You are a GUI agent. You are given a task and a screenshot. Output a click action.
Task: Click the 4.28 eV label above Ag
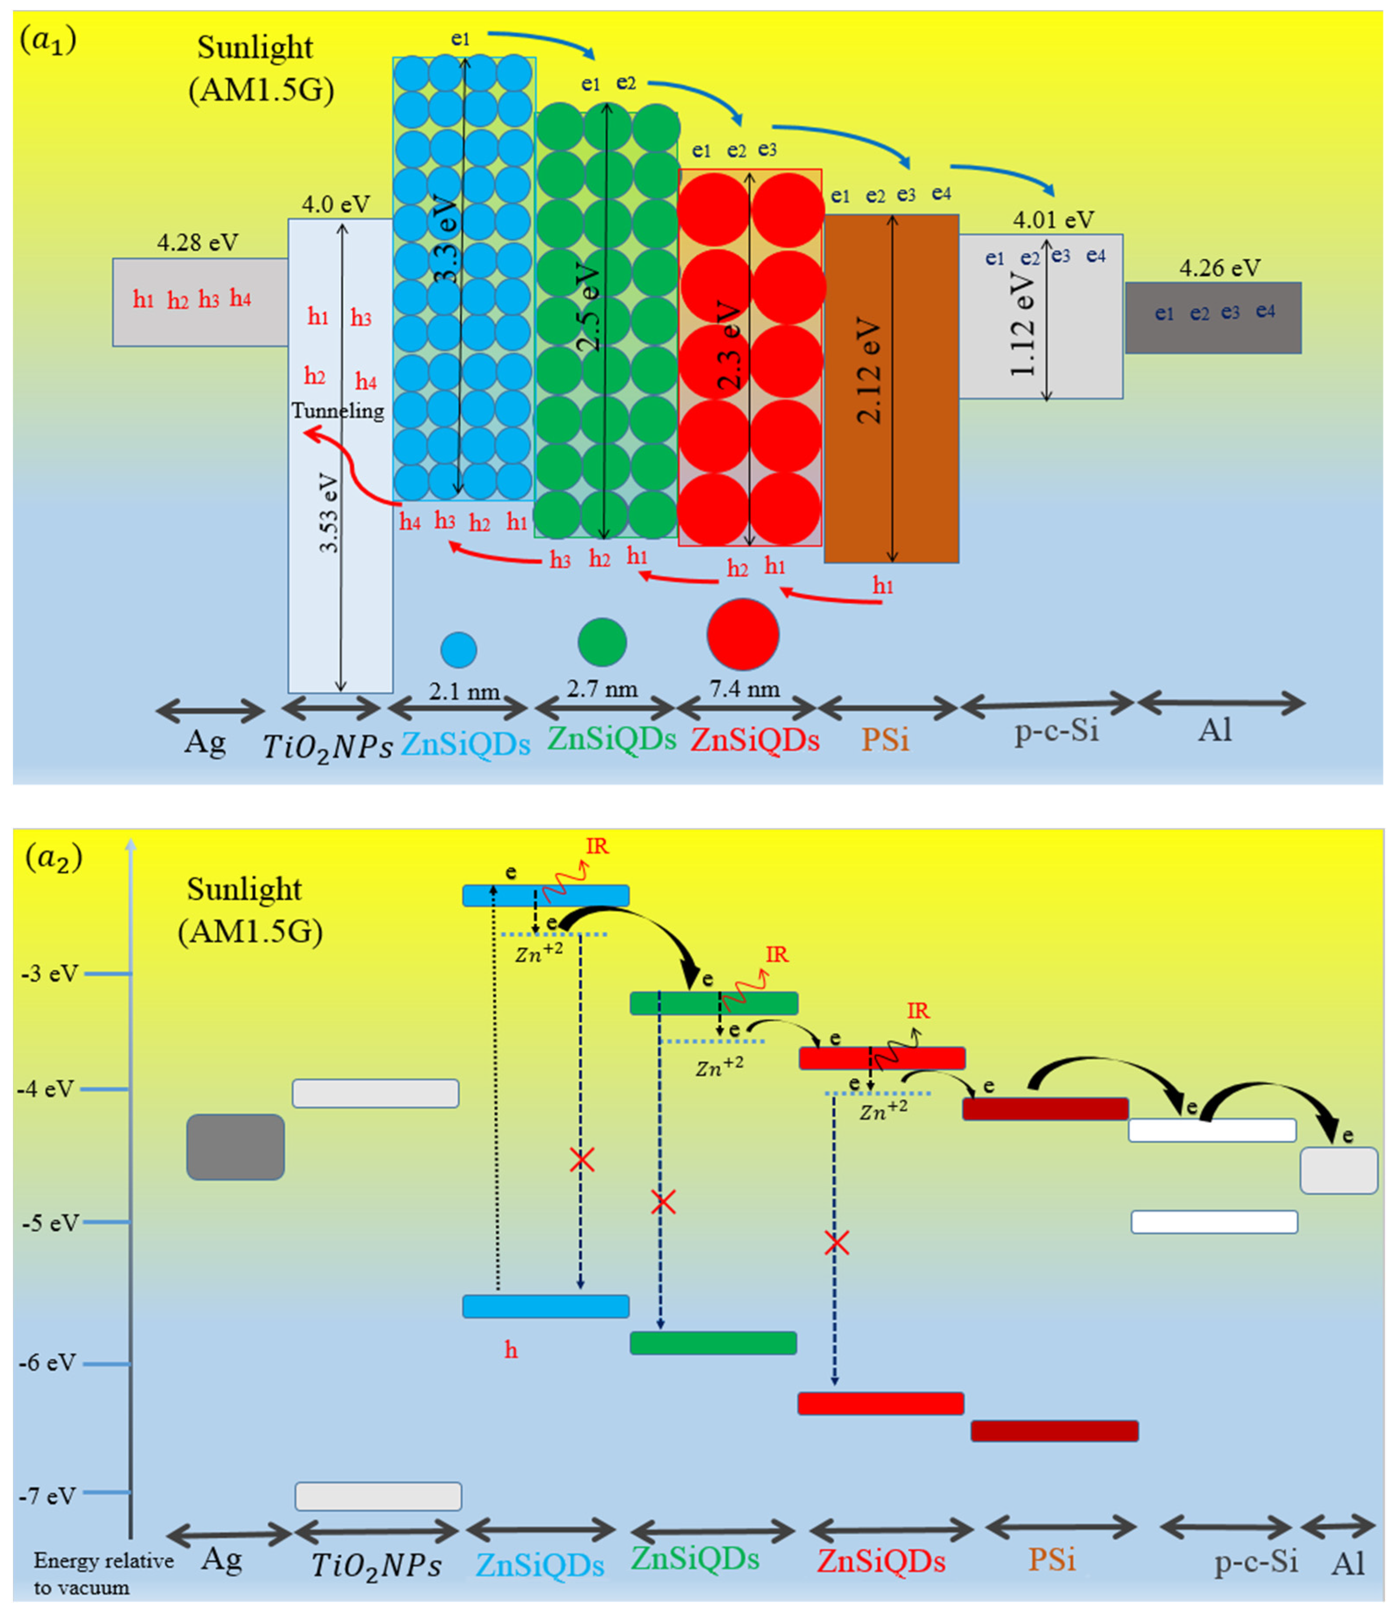[x=197, y=243]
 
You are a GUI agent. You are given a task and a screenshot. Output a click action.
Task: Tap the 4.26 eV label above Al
[x=1220, y=269]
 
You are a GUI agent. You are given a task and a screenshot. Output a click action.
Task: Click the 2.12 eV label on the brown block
[x=869, y=371]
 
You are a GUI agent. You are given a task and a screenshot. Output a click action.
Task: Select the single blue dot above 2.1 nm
[x=458, y=649]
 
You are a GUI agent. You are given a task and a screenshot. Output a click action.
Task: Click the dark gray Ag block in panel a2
[x=235, y=1147]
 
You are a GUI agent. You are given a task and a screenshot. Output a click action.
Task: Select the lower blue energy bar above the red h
[x=545, y=1307]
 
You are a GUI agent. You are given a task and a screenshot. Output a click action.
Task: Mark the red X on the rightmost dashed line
[x=837, y=1242]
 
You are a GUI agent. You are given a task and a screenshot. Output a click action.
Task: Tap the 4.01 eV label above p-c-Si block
[x=1053, y=221]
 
